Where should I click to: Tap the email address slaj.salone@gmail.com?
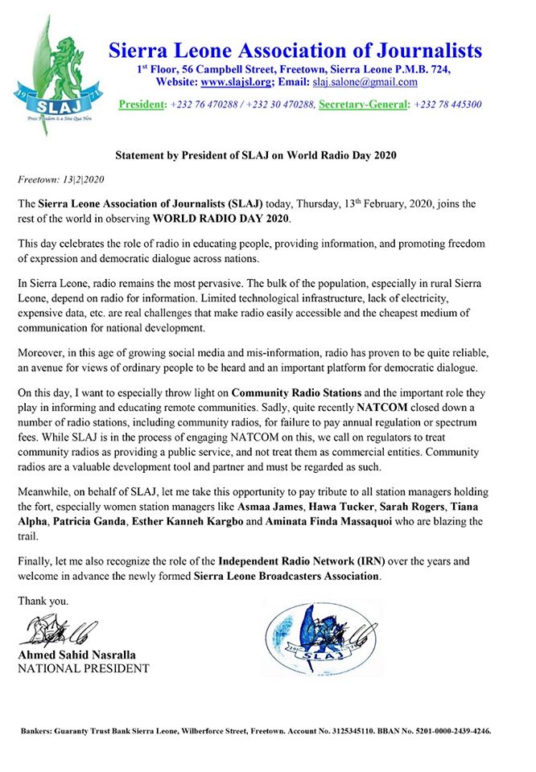tap(366, 82)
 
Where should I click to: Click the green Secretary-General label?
tap(364, 105)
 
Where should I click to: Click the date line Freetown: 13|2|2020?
tap(62, 177)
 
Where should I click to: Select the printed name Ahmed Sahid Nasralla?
tap(83, 655)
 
